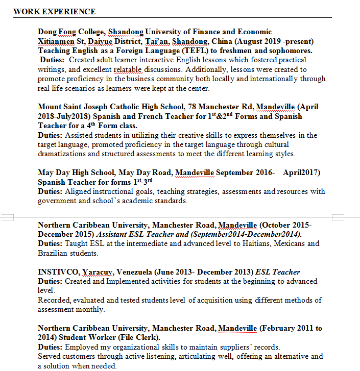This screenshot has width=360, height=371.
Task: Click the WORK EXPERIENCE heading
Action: [x=54, y=11]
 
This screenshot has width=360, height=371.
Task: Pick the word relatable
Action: [x=128, y=69]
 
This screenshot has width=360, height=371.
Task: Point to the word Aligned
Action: [x=79, y=191]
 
